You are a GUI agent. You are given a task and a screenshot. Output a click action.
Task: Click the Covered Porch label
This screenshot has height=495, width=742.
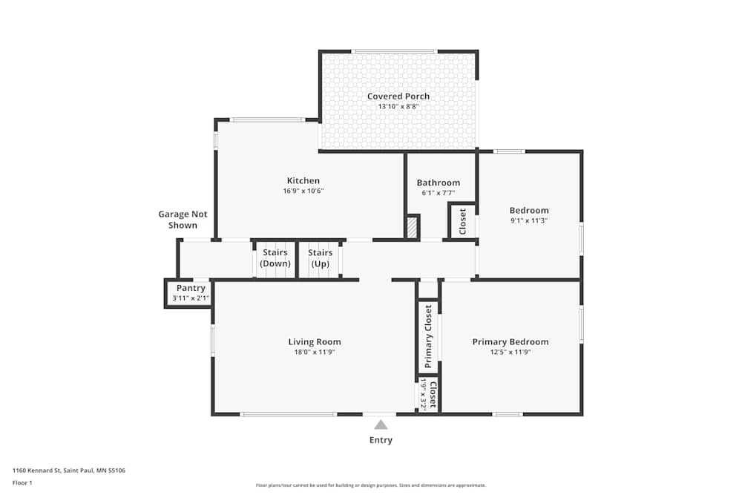pos(398,96)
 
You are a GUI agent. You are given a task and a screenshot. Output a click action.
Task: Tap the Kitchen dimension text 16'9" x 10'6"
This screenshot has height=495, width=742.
pos(303,191)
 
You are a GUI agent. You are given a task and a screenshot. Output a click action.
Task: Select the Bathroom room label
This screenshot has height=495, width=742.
pos(438,183)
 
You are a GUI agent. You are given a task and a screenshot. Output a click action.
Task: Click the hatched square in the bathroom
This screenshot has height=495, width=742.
pos(413,227)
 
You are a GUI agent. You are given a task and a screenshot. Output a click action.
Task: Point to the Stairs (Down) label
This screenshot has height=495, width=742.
pos(275,258)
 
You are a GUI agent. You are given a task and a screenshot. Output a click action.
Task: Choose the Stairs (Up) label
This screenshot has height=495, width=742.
pos(320,258)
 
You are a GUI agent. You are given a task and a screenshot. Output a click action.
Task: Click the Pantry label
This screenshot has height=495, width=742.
pos(191,288)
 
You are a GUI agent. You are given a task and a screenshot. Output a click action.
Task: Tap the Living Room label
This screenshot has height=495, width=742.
pos(315,342)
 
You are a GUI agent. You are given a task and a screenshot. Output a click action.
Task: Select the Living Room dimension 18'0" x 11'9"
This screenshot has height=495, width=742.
pos(315,353)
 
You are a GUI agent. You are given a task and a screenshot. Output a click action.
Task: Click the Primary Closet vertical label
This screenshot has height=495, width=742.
pos(428,337)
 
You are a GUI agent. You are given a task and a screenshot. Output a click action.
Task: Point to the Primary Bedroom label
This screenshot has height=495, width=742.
pos(510,342)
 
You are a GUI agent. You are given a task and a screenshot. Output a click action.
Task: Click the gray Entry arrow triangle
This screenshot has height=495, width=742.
pos(381,425)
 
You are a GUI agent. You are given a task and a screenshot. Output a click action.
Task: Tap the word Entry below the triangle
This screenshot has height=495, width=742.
pos(381,440)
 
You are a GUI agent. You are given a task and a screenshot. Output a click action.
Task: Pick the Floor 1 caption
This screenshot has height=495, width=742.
pos(22,482)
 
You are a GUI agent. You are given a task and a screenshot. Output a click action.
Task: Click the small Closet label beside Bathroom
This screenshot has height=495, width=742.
pos(463,221)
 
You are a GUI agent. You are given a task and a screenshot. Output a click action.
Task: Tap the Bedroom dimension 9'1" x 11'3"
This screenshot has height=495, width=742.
pos(529,220)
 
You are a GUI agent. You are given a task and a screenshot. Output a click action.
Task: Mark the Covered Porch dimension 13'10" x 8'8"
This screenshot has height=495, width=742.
pos(398,107)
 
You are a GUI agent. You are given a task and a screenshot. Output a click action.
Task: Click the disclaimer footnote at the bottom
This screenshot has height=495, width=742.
pos(371,485)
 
